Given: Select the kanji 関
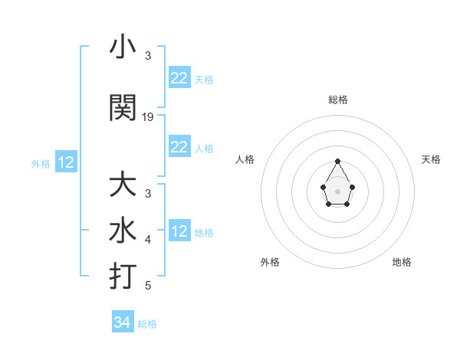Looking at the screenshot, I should click(x=123, y=108).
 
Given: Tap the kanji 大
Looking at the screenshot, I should click(x=123, y=185).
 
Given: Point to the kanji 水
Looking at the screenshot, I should click(x=123, y=231).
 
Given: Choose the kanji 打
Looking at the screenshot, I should click(x=123, y=277).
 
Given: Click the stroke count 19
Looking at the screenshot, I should click(x=148, y=117).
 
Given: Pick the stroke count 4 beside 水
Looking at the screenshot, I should click(x=148, y=240).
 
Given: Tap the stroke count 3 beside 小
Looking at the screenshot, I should click(x=148, y=56).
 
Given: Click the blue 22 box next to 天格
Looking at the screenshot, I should click(x=179, y=78).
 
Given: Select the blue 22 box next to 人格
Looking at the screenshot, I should click(x=179, y=147).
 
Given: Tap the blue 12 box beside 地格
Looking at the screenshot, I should click(x=179, y=231).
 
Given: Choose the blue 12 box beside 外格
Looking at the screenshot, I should click(x=66, y=162).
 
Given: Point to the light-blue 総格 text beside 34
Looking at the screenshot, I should click(x=147, y=324).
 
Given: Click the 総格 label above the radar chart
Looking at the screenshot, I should click(x=338, y=100).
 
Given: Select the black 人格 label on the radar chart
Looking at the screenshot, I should click(x=245, y=159).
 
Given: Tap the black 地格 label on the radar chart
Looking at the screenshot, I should click(x=402, y=262).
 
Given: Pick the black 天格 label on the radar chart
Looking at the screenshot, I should click(x=432, y=159).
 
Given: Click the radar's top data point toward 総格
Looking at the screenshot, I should click(x=338, y=161).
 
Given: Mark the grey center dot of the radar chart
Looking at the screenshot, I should click(x=338, y=190).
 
